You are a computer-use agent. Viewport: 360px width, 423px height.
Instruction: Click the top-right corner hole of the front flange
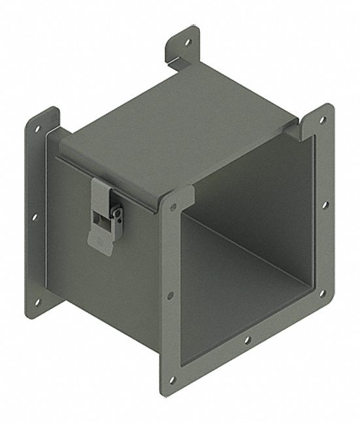pyautogui.click(x=322, y=120)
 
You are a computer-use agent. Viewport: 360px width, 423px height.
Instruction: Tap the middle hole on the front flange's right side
pyautogui.click(x=325, y=205)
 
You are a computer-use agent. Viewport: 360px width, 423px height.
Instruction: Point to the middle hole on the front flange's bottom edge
pyautogui.click(x=247, y=340)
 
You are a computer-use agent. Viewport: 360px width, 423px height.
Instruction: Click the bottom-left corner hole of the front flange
pyautogui.click(x=172, y=379)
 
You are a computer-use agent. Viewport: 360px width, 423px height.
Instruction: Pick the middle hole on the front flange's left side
pyautogui.click(x=171, y=296)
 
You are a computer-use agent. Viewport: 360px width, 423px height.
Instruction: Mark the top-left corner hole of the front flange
pyautogui.click(x=173, y=207)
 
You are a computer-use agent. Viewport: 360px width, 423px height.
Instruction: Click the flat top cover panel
pyautogui.click(x=176, y=124)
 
